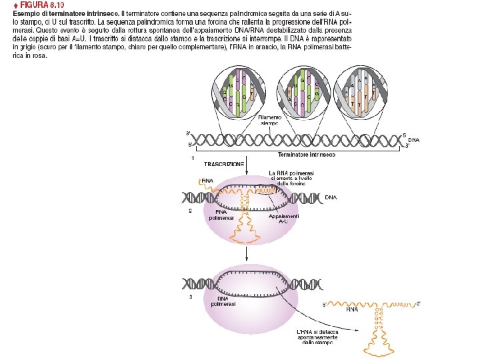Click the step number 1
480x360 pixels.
pyautogui.click(x=193, y=159)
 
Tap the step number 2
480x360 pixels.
pyautogui.click(x=191, y=211)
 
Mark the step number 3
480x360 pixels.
pyautogui.click(x=191, y=297)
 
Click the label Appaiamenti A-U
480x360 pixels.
pyautogui.click(x=283, y=219)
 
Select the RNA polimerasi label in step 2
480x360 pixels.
pyautogui.click(x=221, y=215)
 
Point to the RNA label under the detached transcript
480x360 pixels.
pyautogui.click(x=352, y=309)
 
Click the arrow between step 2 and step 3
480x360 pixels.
pyautogui.click(x=247, y=253)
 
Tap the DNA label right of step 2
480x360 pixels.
pyautogui.click(x=331, y=198)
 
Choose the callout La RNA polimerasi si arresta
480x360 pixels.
pyautogui.click(x=287, y=178)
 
